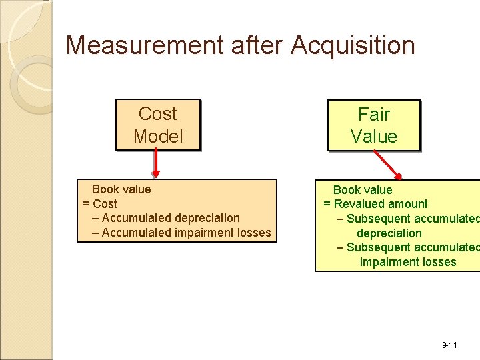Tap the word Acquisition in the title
coord(353,45)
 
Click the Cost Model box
coord(158,125)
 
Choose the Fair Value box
coord(373,125)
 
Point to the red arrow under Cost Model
coord(155,163)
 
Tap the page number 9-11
coord(449,345)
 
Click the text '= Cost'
coord(99,204)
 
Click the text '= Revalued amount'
coord(375,204)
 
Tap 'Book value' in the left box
coord(121,189)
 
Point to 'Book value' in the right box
coord(363,190)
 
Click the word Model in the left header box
coord(158,137)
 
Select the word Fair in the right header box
coord(374,114)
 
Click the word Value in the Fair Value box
coord(374,137)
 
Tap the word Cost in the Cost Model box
coord(158,114)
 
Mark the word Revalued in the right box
coord(359,204)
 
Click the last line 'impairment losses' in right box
coord(408,262)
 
